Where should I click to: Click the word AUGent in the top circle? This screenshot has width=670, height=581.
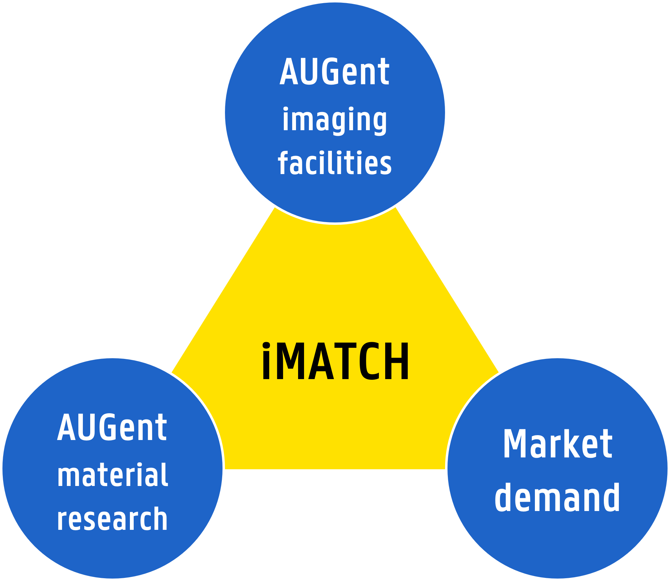click(x=334, y=72)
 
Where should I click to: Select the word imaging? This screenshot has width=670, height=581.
click(x=334, y=120)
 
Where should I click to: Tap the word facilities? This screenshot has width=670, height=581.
click(x=335, y=163)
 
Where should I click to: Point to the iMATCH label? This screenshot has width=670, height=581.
click(x=335, y=361)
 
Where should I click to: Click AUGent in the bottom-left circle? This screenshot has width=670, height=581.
click(x=112, y=427)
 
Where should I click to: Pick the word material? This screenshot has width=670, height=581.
click(x=112, y=475)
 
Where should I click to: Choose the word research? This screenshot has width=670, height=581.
click(x=112, y=519)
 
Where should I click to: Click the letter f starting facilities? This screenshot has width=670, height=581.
click(x=283, y=163)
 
